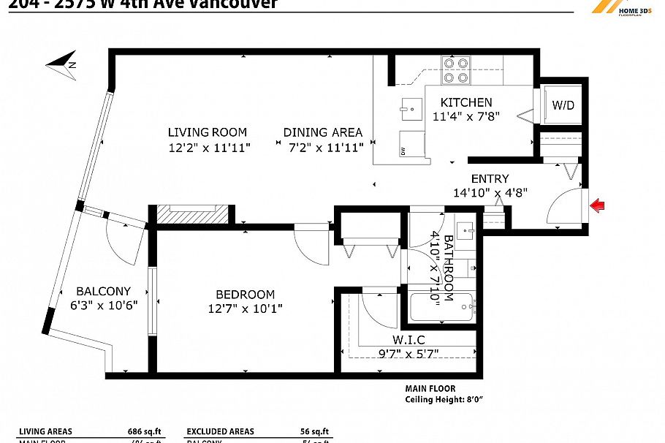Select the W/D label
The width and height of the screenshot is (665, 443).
click(x=563, y=106)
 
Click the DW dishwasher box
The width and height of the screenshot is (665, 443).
click(x=411, y=144)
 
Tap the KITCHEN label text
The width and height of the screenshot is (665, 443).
click(x=465, y=102)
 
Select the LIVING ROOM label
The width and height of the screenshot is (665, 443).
click(x=208, y=132)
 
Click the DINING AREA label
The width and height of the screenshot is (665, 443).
click(x=322, y=132)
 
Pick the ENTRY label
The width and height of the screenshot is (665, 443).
click(x=490, y=178)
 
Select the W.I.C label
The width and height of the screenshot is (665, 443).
click(x=408, y=340)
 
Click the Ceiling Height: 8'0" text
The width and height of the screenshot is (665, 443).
click(x=444, y=399)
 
